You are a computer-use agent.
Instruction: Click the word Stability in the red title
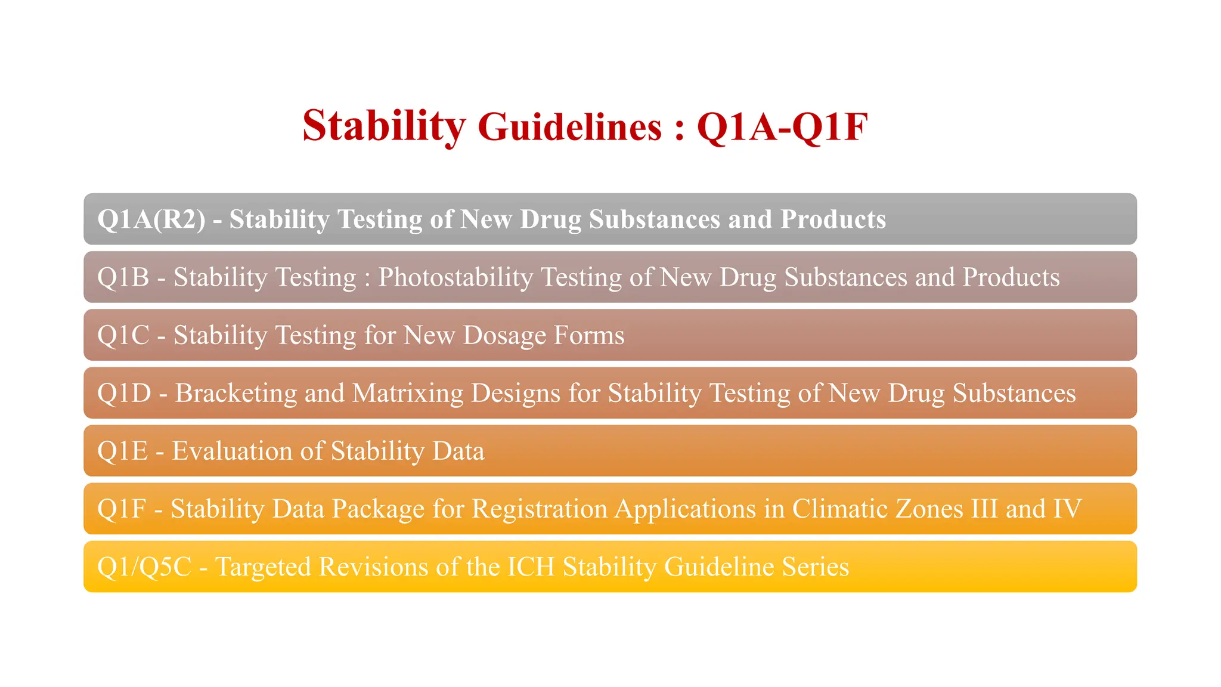(x=383, y=126)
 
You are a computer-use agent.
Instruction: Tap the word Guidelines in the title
(x=569, y=126)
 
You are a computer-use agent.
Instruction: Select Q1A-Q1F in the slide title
(x=782, y=126)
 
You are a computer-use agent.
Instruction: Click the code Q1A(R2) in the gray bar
(x=151, y=219)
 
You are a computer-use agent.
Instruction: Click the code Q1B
(x=123, y=277)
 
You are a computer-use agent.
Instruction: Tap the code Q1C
(x=123, y=335)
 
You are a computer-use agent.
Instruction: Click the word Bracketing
(x=236, y=393)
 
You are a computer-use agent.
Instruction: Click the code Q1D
(x=124, y=393)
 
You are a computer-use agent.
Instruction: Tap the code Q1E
(x=122, y=451)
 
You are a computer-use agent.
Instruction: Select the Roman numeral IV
(x=1067, y=509)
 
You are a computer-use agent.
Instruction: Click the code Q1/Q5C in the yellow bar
(x=144, y=567)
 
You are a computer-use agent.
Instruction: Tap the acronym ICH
(x=531, y=567)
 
